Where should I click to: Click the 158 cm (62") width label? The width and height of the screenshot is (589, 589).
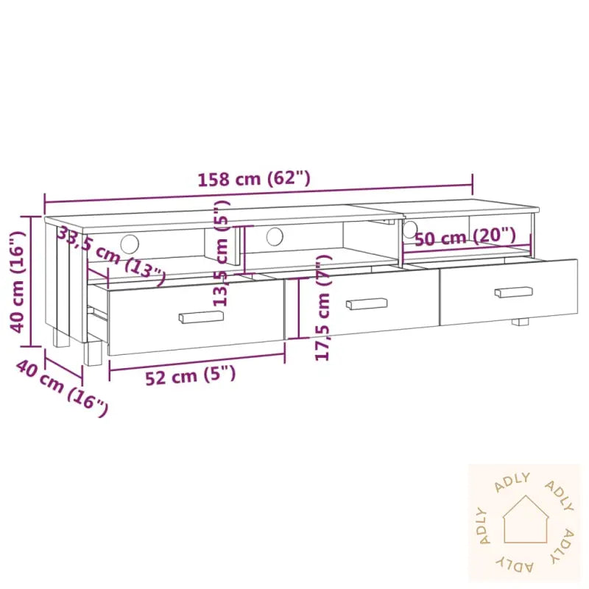click(x=254, y=178)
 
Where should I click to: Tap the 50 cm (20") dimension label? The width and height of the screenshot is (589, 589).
click(x=465, y=237)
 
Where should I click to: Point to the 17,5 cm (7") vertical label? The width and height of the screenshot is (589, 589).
click(x=322, y=308)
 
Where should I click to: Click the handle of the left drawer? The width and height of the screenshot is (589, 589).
click(x=201, y=317)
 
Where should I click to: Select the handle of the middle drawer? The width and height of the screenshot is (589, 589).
click(x=366, y=303)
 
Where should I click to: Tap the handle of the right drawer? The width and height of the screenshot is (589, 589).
click(x=513, y=292)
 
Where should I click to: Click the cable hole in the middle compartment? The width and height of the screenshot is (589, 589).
click(x=275, y=236)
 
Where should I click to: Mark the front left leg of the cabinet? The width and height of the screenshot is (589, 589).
click(x=93, y=351)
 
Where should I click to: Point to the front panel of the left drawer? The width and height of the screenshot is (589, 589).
click(x=195, y=318)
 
